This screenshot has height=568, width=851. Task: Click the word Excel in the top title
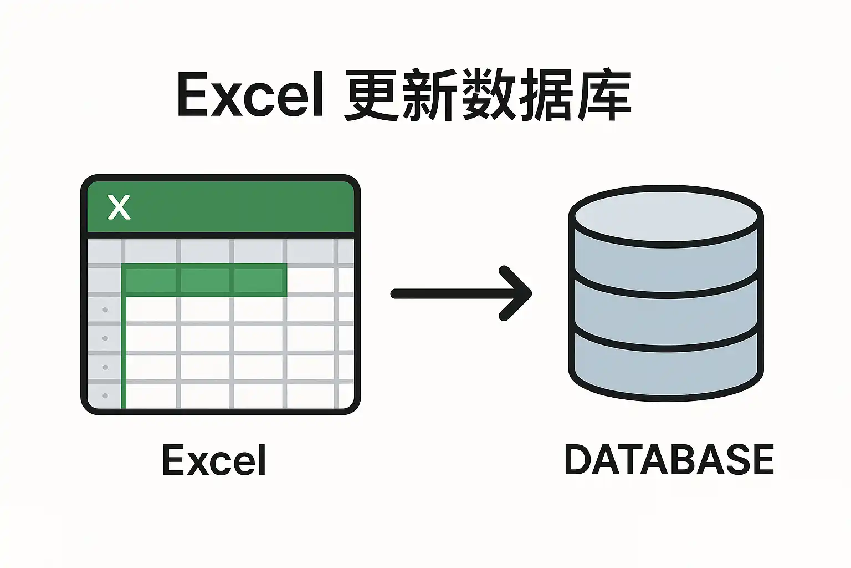[x=250, y=94]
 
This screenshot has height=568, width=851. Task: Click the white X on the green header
[x=119, y=207]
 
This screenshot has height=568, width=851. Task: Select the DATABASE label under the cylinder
[x=669, y=460]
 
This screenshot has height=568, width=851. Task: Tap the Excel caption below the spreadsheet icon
[x=214, y=460]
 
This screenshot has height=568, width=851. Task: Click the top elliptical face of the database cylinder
[x=666, y=216]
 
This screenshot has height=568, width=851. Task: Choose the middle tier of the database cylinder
[x=666, y=310]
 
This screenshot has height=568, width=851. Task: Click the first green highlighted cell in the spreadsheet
[x=151, y=280]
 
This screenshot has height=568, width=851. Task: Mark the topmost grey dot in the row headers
[x=105, y=310]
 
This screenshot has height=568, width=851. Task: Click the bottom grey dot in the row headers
[x=105, y=395]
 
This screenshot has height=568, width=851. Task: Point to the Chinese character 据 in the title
[x=545, y=95]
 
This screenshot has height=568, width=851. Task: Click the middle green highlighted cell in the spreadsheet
[x=205, y=280]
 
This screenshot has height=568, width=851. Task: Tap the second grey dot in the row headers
[x=105, y=338]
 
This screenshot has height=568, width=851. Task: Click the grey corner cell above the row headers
[x=104, y=251]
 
